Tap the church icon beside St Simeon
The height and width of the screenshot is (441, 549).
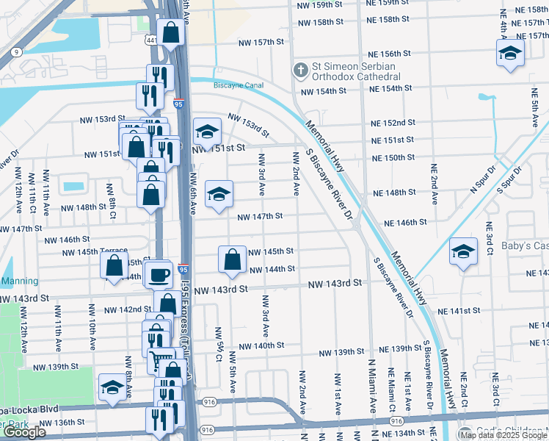pos(299,71)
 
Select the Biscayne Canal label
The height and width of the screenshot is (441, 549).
pos(239,85)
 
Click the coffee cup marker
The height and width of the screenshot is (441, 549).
pos(159,275)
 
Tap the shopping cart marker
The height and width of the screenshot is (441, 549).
pos(159,361)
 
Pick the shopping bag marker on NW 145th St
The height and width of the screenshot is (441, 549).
pos(232,260)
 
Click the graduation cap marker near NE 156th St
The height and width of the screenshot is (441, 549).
pos(511,53)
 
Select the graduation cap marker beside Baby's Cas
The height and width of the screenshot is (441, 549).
pos(463,251)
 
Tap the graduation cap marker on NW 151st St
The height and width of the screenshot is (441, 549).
pos(207,132)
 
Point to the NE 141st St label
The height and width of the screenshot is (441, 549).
pos(468,312)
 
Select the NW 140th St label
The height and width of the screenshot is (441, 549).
pos(261,346)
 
